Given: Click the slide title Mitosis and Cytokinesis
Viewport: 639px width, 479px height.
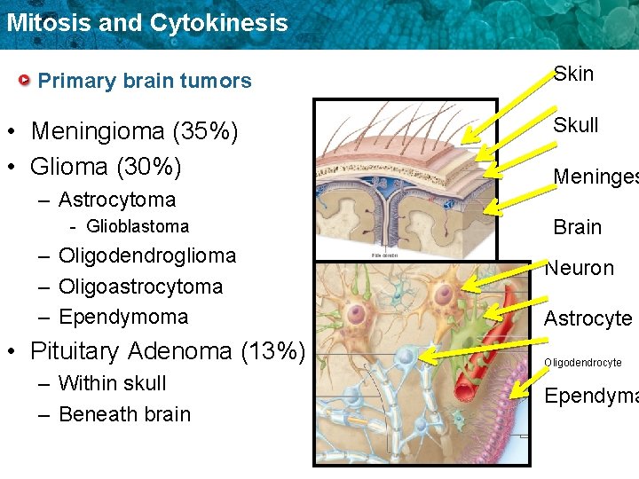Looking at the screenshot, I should [146, 22].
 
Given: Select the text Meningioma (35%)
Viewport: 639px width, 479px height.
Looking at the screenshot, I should [134, 131].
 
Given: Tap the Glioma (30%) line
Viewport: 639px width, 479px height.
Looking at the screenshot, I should [106, 166].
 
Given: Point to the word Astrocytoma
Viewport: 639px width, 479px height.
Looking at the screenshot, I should [117, 200].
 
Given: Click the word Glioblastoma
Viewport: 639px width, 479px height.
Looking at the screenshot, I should [138, 226].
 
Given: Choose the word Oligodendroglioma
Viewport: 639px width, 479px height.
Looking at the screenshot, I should [147, 255].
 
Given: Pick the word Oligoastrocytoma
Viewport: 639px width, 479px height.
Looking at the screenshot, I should [140, 287].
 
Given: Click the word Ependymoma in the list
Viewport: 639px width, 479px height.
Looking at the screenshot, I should [123, 317].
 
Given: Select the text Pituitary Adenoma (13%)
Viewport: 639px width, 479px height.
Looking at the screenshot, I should [167, 350].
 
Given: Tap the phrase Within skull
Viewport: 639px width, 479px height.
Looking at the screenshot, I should [113, 383].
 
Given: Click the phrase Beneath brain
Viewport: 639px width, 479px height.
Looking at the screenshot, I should [124, 414].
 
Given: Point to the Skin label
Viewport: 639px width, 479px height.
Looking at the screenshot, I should [573, 74].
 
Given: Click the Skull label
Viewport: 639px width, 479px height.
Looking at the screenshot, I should [576, 125].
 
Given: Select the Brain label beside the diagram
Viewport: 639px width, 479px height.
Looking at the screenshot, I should [577, 227].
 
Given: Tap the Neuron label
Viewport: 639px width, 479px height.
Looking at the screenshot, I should [579, 268].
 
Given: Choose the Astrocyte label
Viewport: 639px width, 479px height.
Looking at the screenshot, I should [588, 318].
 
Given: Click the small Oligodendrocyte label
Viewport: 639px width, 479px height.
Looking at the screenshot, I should [582, 363].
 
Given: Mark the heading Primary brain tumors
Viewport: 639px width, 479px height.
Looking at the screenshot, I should [145, 81].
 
